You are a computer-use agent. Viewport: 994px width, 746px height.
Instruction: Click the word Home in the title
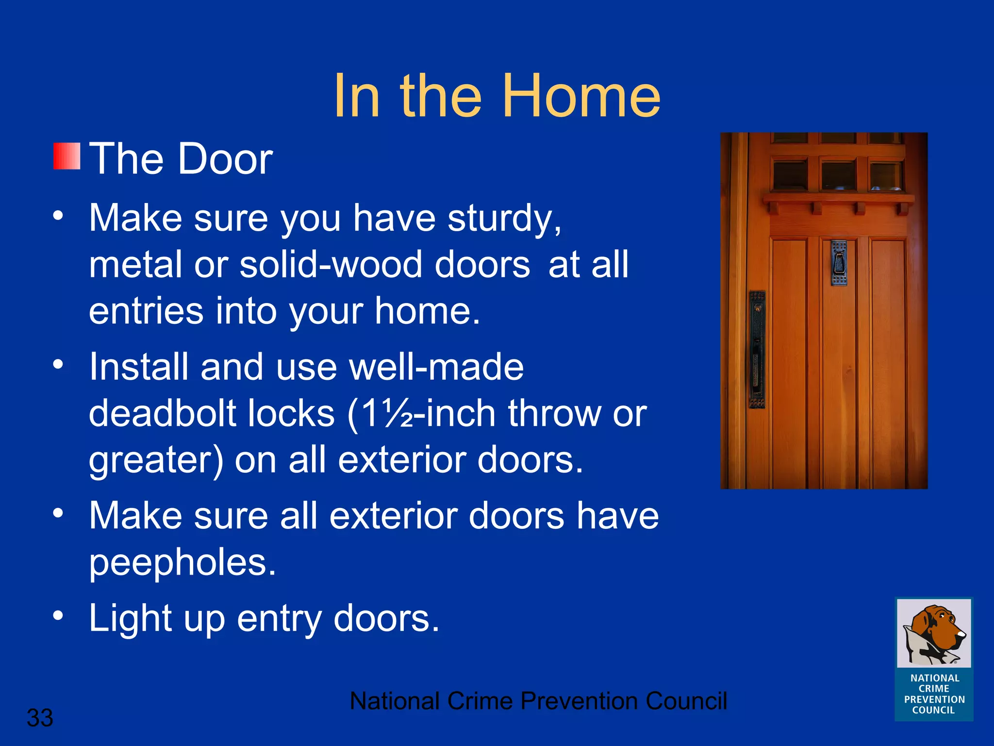coord(581,96)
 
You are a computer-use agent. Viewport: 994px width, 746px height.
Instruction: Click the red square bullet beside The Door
coord(66,156)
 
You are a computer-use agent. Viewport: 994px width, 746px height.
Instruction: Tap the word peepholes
coord(182,562)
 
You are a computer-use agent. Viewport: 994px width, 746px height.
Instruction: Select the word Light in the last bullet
coord(131,618)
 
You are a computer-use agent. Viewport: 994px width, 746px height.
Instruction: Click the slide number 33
coord(40,718)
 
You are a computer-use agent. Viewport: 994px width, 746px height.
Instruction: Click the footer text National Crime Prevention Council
coord(538,701)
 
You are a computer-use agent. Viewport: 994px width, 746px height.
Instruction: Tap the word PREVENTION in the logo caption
coord(934,699)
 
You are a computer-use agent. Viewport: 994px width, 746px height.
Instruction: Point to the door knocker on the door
coord(839,263)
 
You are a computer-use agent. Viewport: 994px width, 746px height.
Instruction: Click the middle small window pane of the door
coord(838,175)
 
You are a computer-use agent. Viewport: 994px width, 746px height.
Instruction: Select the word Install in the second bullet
coord(138,367)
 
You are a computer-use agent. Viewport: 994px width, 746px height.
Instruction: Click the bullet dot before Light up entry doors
coord(58,616)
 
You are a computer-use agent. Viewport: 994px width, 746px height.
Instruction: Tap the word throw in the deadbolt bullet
coord(554,414)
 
